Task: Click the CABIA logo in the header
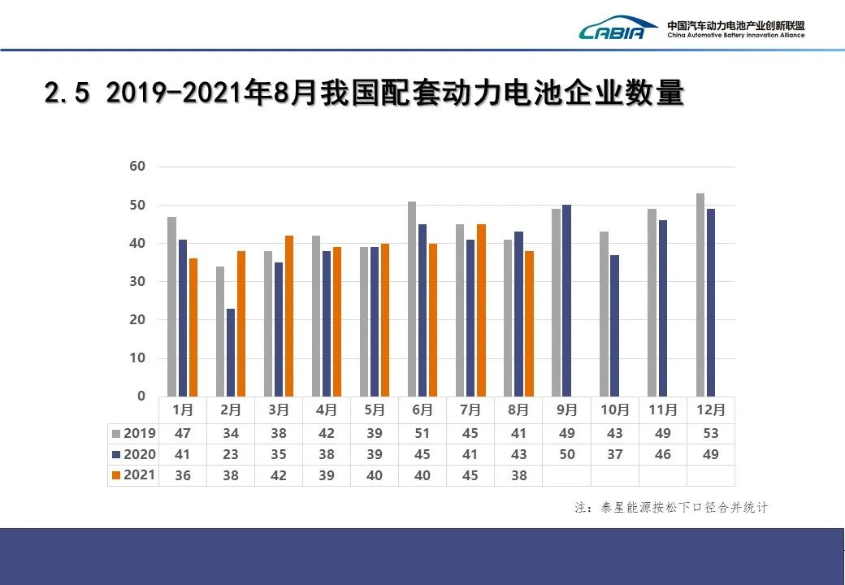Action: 618,28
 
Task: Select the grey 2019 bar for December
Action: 700,294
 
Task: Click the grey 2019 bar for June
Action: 412,299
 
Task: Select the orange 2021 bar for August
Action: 529,323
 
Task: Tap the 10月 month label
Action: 615,409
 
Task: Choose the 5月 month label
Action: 375,409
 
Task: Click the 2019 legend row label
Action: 139,433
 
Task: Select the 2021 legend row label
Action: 139,475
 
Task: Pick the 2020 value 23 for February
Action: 231,454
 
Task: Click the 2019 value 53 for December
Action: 711,433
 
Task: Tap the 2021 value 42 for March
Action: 279,475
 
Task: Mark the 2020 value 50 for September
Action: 567,454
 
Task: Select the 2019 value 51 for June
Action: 422,433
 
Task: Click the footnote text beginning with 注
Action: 671,508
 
